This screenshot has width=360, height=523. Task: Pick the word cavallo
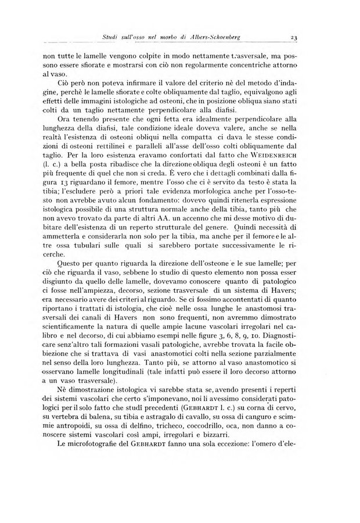pos(222,441)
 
